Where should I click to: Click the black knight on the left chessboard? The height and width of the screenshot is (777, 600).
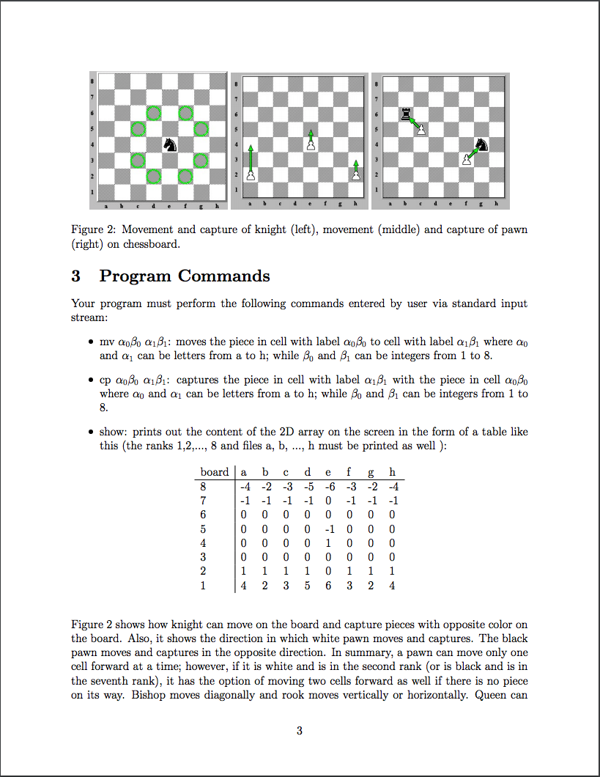tap(170, 144)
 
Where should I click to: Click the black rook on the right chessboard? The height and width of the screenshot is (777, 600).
tap(404, 113)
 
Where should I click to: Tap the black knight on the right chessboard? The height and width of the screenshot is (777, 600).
tap(481, 145)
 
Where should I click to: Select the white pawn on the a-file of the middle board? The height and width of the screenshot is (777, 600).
tap(251, 175)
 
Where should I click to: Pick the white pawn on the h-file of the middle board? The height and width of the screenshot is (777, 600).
tap(356, 174)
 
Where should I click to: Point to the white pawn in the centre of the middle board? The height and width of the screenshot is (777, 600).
tap(311, 144)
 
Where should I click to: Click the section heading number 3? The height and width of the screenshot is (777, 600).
tap(75, 276)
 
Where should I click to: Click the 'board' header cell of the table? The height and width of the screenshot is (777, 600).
tap(215, 473)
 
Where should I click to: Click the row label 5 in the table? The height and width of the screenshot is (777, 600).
tap(203, 529)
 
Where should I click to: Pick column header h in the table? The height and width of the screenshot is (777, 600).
tap(393, 473)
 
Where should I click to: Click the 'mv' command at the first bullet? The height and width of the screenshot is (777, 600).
tap(105, 342)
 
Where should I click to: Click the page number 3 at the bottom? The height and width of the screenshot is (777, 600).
tap(300, 730)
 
